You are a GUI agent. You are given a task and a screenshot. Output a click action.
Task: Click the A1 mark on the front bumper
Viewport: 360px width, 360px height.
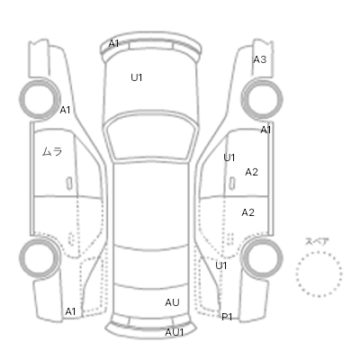[113, 43]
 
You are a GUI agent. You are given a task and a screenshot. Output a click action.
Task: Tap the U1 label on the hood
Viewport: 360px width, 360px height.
[137, 77]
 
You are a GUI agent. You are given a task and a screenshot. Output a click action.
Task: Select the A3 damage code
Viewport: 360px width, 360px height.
[260, 59]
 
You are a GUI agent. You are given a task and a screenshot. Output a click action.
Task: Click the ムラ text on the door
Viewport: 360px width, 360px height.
[52, 151]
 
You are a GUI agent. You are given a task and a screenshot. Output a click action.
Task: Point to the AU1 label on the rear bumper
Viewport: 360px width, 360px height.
[175, 332]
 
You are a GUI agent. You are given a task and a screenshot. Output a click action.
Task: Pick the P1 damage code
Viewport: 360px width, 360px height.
[227, 317]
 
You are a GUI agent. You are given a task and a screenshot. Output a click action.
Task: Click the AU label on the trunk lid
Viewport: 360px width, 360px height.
[172, 302]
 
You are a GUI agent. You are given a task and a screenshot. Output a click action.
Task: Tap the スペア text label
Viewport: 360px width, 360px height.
[317, 241]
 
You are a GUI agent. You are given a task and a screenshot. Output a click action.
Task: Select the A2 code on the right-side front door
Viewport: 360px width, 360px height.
[251, 172]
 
